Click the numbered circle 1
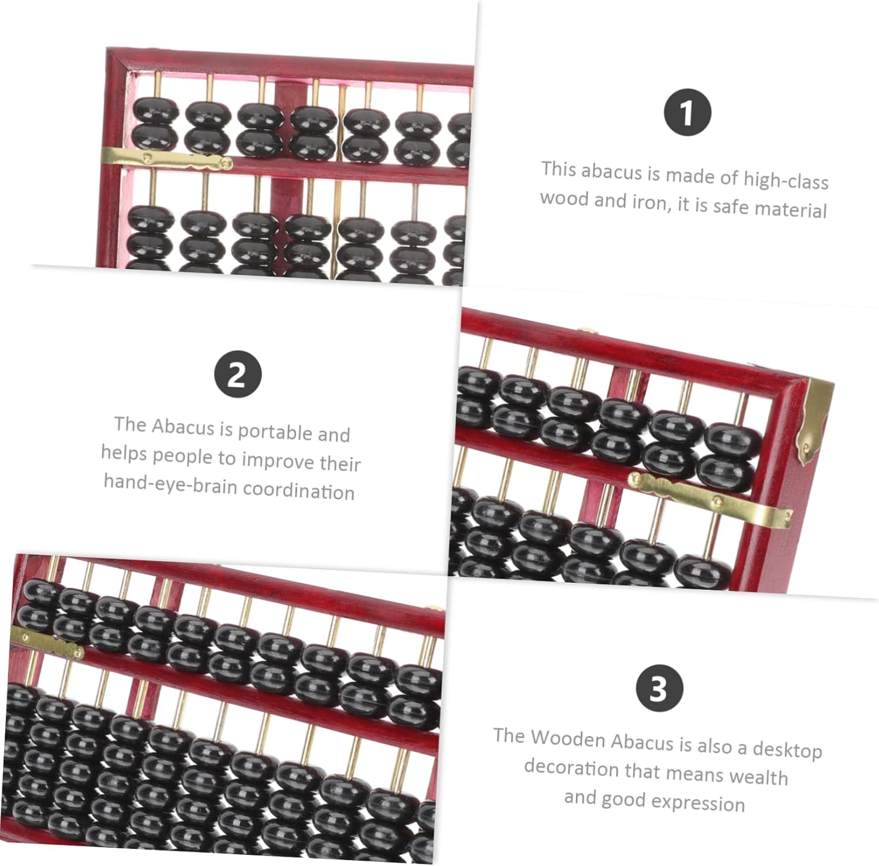pyautogui.click(x=687, y=112)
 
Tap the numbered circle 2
pyautogui.click(x=237, y=374)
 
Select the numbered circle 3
pyautogui.click(x=659, y=688)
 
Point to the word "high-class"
pyautogui.click(x=786, y=179)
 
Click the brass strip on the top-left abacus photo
pyautogui.click(x=166, y=158)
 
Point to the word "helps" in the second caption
pyautogui.click(x=124, y=453)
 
